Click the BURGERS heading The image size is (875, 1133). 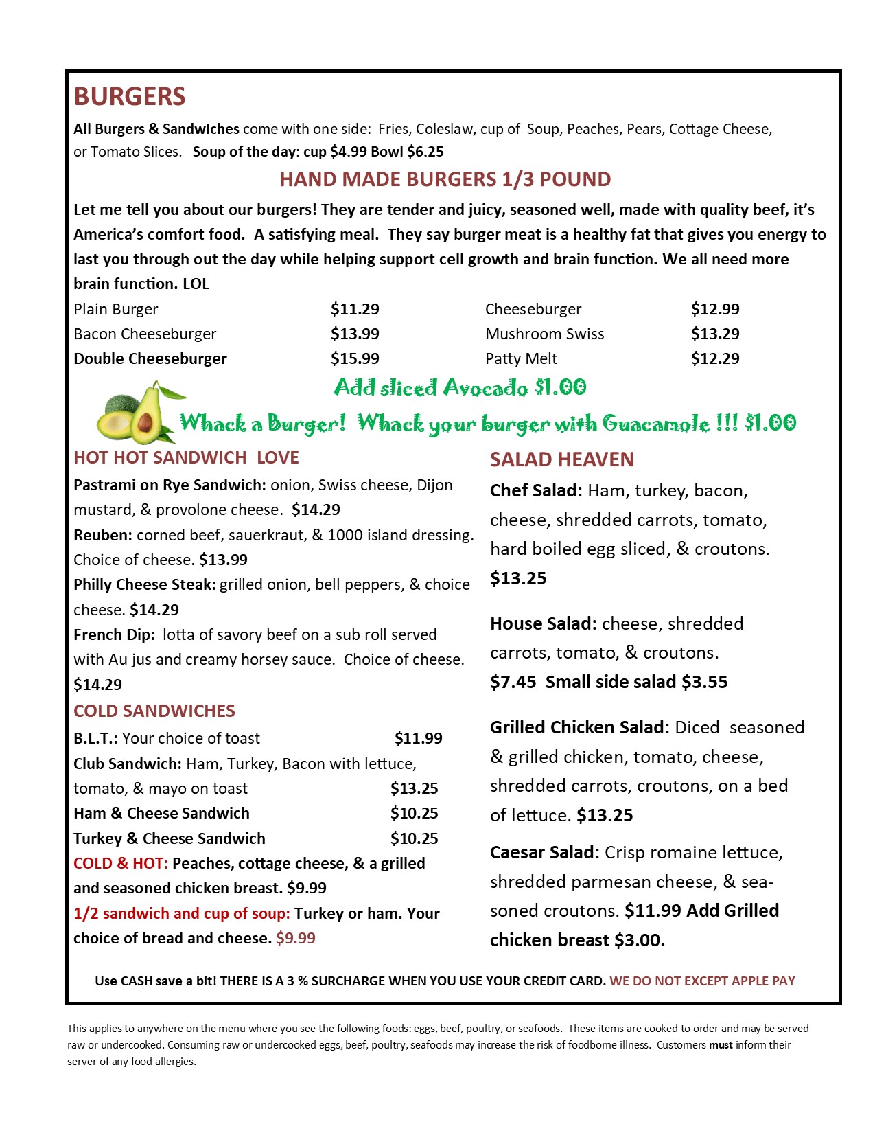coord(130,97)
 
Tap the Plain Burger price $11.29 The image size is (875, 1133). coord(355,309)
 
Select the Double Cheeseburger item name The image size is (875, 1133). coord(150,358)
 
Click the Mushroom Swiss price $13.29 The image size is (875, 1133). coord(715,334)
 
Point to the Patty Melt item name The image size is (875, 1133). coord(521,358)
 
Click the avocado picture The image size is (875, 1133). coord(137,414)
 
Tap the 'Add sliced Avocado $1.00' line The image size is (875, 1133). coord(460,387)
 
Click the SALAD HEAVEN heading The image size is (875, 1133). coord(561,459)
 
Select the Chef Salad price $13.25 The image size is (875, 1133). coord(518,578)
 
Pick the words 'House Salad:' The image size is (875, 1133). coord(544,623)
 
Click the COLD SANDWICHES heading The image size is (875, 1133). coord(154,711)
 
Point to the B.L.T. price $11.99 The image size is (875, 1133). coord(418,738)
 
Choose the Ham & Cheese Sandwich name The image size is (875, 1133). coord(161,813)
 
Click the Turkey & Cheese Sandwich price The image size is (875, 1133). coord(414,838)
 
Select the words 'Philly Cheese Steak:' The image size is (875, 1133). coord(145,584)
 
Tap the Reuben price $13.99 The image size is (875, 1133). coord(223,560)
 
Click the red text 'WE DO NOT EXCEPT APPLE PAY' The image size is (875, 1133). coord(702,981)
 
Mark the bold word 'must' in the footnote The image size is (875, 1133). coord(721,1044)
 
